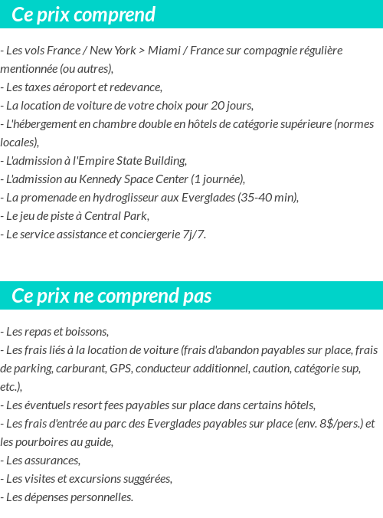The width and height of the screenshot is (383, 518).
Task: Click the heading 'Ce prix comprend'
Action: pyautogui.click(x=83, y=15)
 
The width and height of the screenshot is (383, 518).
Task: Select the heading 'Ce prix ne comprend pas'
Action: pyautogui.click(x=112, y=296)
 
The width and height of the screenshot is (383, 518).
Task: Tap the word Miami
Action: pyautogui.click(x=165, y=51)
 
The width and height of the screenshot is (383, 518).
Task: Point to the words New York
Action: pyautogui.click(x=113, y=51)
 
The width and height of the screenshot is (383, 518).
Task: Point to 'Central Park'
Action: pyautogui.click(x=116, y=216)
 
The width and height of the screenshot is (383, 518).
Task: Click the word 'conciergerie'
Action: pyautogui.click(x=144, y=234)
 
